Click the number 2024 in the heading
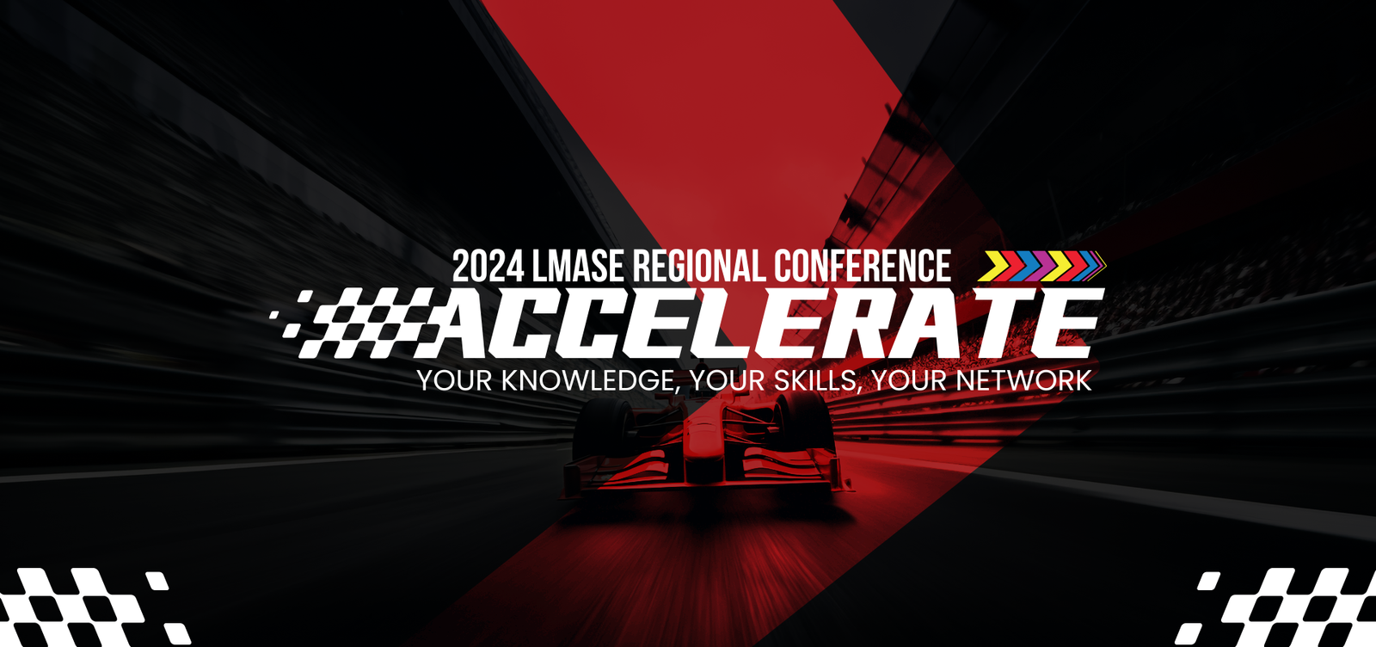point(488,266)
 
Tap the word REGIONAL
point(698,266)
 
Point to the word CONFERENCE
point(863,266)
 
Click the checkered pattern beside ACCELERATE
point(355,323)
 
